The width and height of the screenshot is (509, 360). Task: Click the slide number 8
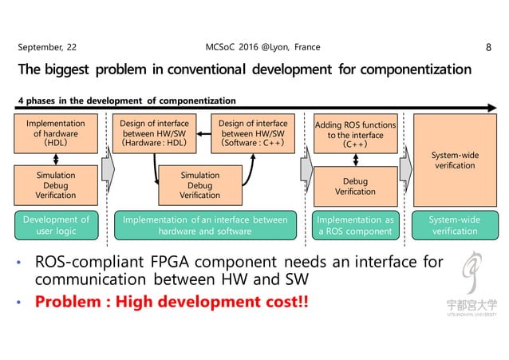487,48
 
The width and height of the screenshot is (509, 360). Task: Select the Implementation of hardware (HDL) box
56,133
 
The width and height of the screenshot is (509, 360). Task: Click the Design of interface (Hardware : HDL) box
154,133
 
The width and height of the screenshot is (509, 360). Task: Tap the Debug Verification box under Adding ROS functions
355,186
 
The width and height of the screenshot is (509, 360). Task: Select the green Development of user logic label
56,224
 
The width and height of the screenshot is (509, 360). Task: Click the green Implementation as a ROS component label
355,224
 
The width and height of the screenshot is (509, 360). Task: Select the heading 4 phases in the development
128,101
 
